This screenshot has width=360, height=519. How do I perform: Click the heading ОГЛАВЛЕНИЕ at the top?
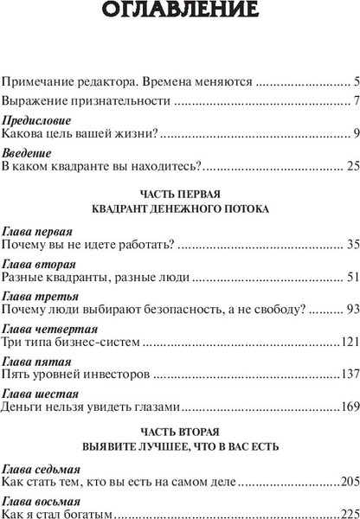click(179, 12)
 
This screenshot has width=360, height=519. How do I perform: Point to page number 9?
click(355, 133)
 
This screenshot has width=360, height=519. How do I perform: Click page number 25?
click(351, 165)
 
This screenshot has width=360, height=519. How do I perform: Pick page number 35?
click(351, 246)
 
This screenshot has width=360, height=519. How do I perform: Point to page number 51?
click(351, 278)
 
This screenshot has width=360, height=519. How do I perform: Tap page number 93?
click(351, 310)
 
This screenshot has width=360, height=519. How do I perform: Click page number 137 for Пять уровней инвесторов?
click(348, 350)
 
